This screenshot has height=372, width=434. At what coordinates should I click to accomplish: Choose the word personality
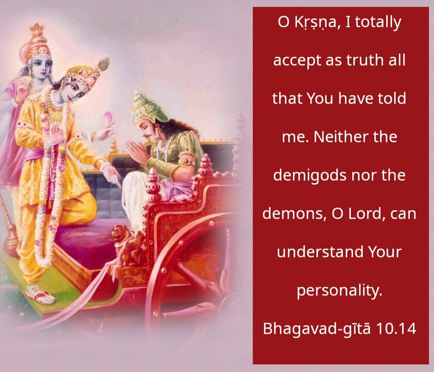[339, 291]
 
